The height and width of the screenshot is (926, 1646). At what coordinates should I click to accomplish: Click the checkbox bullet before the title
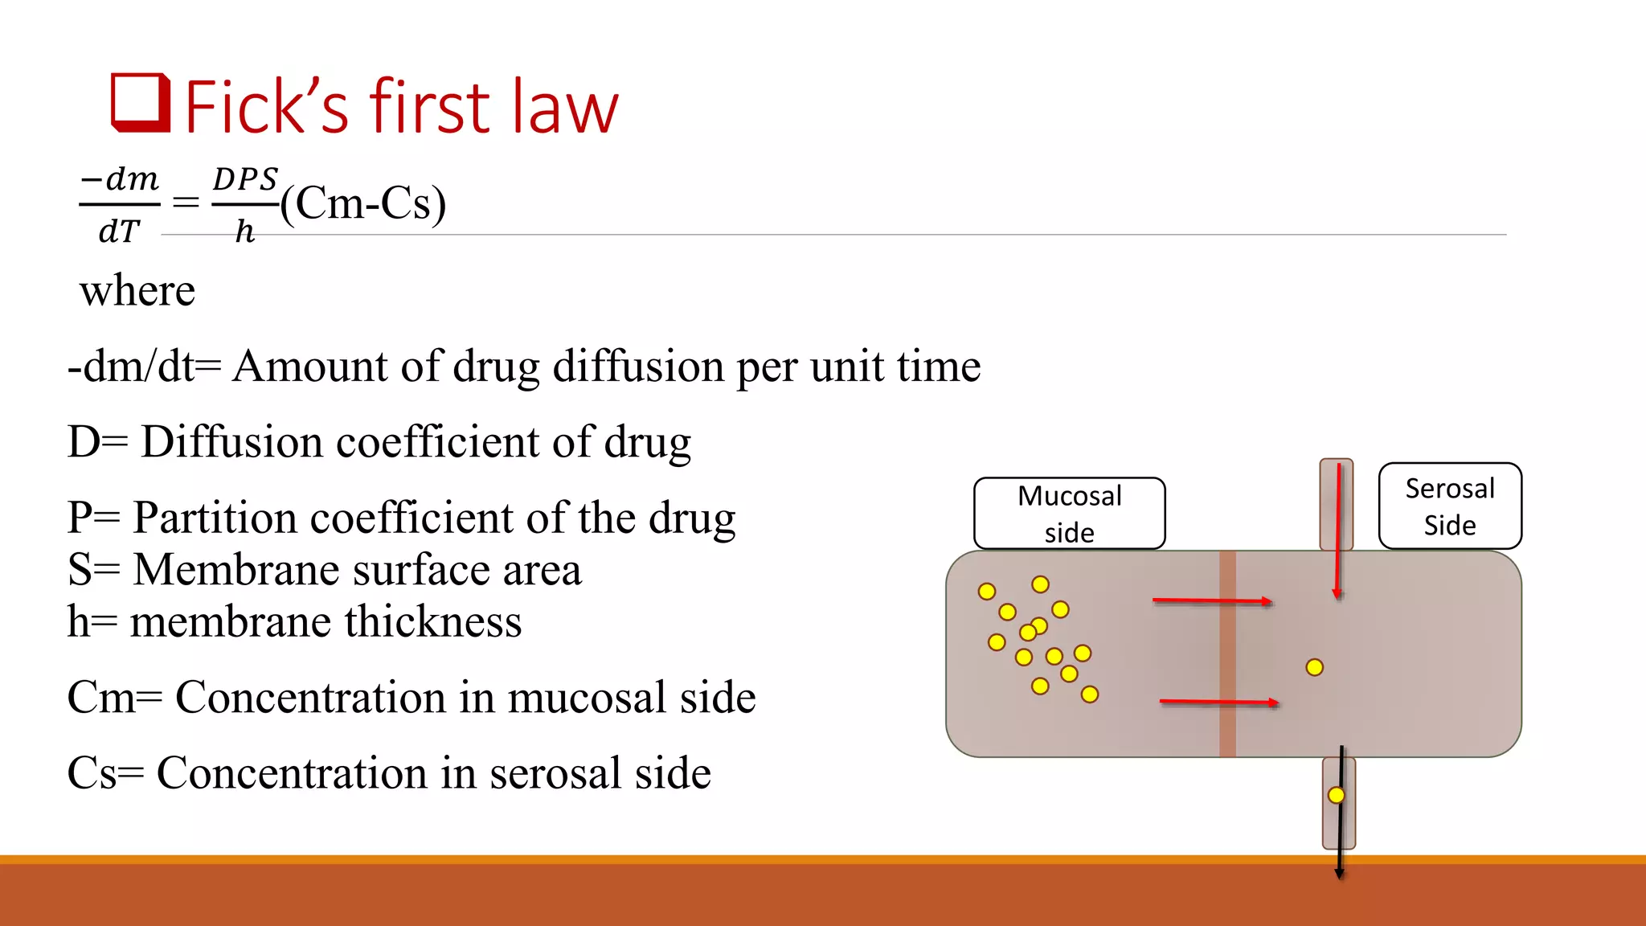pos(141,103)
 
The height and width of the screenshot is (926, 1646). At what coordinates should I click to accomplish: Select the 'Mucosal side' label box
pos(1069,514)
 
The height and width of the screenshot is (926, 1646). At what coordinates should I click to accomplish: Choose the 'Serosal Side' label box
pos(1449,506)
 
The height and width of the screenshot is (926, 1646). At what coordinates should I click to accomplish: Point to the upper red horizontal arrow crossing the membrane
pos(1212,600)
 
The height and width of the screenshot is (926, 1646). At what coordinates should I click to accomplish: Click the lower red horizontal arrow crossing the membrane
pos(1218,702)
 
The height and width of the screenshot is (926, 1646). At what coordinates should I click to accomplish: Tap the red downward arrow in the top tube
pos(1337,531)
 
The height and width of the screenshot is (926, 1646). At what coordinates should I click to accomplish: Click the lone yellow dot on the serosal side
pos(1315,667)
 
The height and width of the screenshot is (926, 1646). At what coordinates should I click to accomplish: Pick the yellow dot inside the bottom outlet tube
pos(1336,795)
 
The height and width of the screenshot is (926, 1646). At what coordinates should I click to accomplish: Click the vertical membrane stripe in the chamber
pos(1227,654)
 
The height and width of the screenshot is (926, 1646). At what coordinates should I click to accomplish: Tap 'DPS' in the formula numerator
pos(245,179)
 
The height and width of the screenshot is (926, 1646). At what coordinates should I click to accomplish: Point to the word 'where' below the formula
pos(137,291)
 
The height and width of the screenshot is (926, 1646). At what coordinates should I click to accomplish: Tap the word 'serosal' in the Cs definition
pos(555,772)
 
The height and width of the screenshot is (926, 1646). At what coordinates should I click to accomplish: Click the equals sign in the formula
pos(186,203)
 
